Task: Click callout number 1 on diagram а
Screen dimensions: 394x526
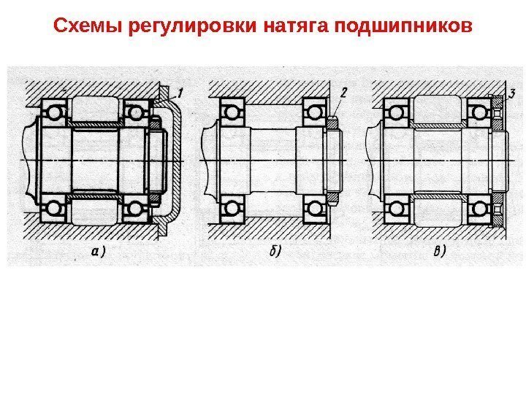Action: pos(179,91)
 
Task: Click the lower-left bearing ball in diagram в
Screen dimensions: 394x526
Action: pos(396,209)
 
